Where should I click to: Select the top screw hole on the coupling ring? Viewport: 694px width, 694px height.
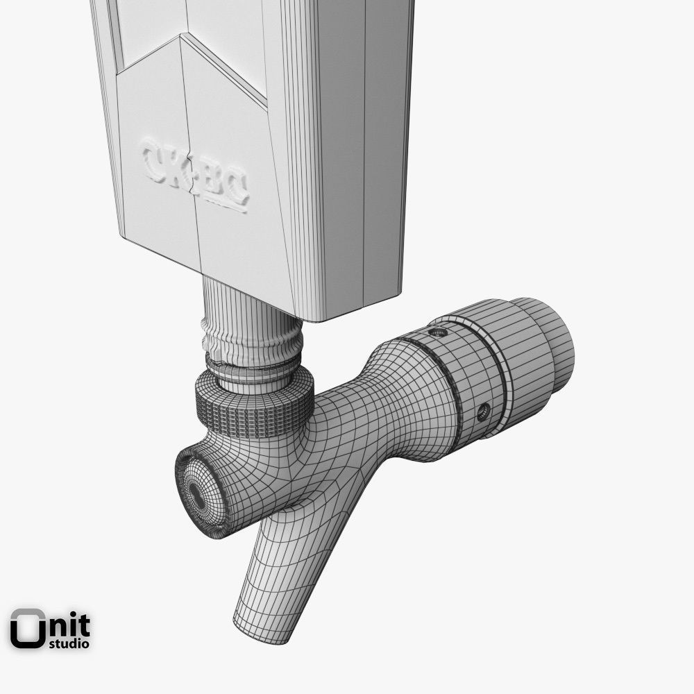(438, 332)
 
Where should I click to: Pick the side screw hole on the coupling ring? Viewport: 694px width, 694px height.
(483, 412)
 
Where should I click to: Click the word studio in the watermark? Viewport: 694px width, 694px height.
(69, 643)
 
